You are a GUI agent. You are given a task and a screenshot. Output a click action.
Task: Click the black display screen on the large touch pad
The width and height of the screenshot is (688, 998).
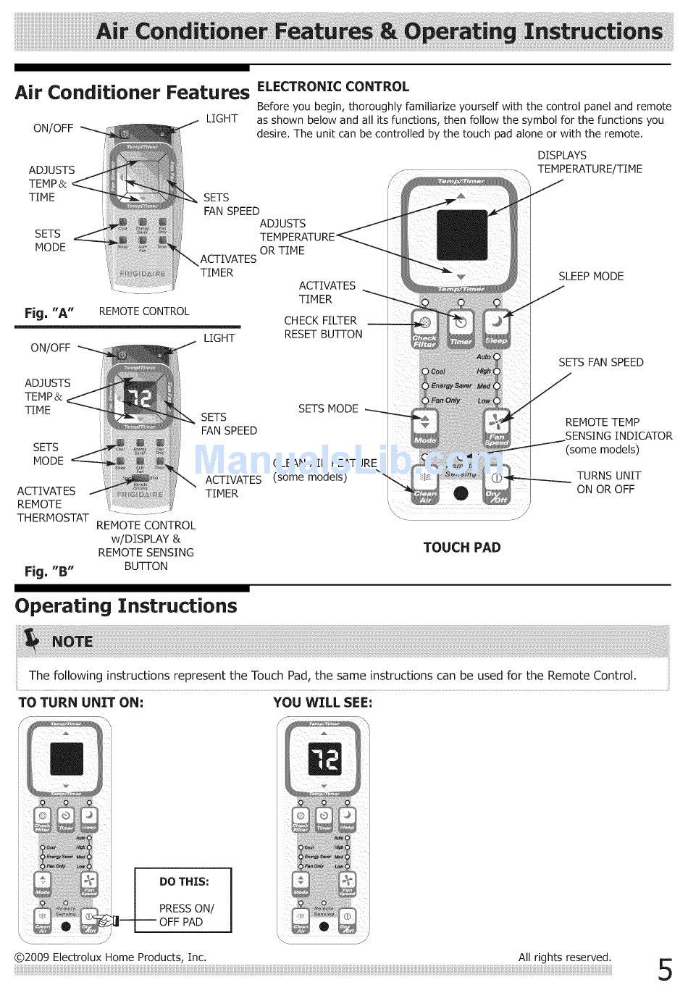(461, 235)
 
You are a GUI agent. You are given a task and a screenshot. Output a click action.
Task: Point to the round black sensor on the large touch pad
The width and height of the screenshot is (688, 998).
(461, 493)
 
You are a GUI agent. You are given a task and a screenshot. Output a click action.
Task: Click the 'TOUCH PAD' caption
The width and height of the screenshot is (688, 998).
(461, 548)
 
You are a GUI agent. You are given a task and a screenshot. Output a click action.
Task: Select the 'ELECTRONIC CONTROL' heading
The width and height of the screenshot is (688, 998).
(333, 86)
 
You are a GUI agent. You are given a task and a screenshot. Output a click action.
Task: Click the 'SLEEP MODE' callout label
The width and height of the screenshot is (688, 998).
(590, 276)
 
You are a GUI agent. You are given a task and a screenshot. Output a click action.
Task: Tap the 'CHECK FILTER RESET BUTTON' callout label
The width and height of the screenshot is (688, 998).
(323, 327)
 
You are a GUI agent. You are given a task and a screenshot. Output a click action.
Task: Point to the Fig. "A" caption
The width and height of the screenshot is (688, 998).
(49, 313)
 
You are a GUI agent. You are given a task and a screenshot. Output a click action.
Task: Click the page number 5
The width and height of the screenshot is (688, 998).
(665, 969)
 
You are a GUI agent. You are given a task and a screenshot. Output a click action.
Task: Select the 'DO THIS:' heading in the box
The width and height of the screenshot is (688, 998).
(184, 881)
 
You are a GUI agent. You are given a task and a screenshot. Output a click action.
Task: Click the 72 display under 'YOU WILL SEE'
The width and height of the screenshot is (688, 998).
(324, 759)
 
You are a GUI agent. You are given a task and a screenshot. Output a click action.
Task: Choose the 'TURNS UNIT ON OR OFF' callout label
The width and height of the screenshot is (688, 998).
(608, 482)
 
